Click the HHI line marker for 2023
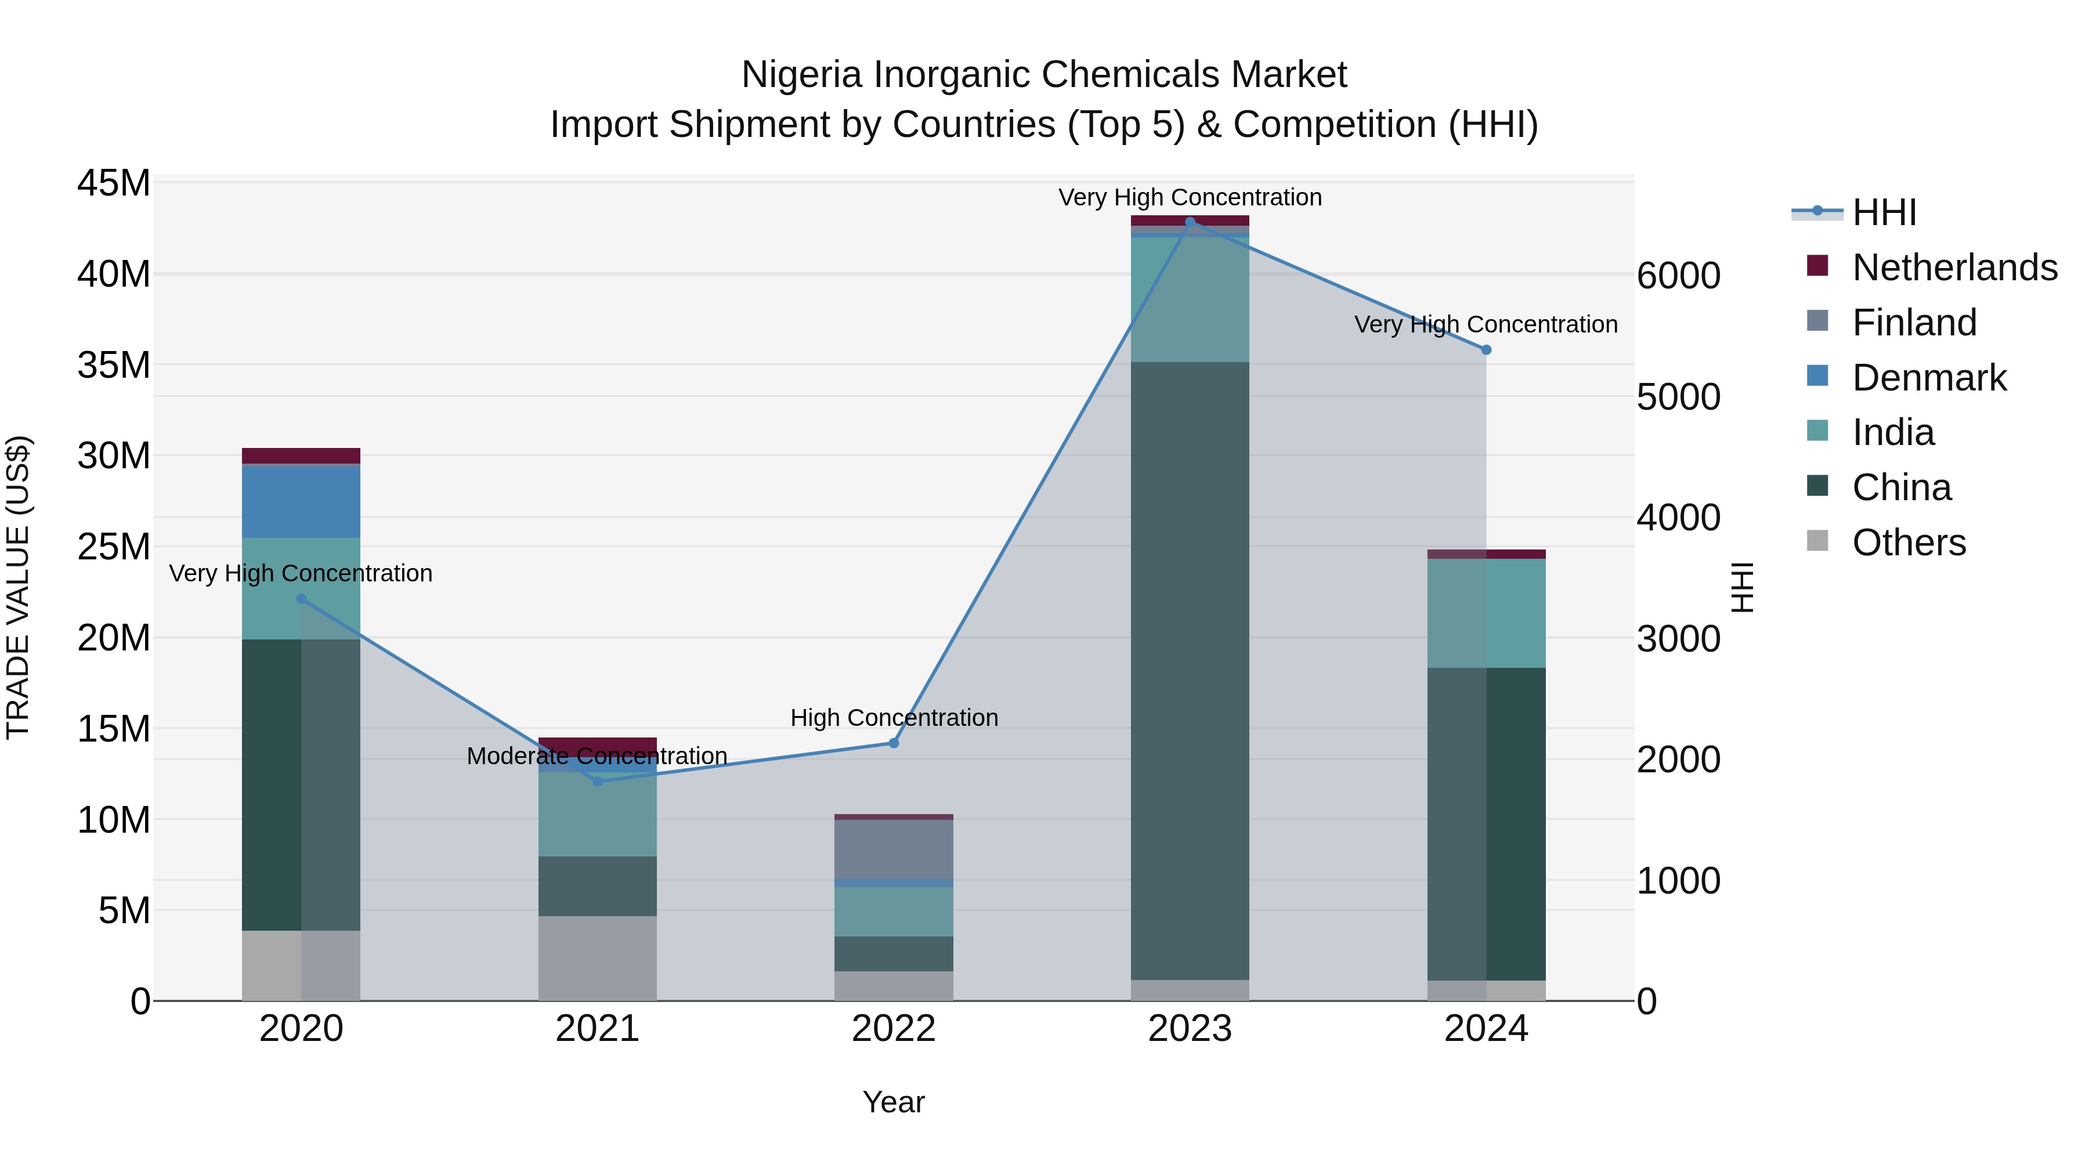click(1190, 222)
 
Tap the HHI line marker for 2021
click(598, 781)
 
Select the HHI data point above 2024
click(1486, 349)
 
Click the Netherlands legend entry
click(1954, 267)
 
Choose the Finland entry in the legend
click(1914, 323)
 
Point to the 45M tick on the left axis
click(114, 183)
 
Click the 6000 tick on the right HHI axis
click(1678, 276)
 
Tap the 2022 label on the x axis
click(894, 1029)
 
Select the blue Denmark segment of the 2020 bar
click(301, 502)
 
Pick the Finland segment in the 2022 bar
click(894, 849)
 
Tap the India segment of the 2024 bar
click(1486, 613)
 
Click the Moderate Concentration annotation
click(597, 755)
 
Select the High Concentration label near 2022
click(894, 718)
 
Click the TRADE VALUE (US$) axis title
click(18, 587)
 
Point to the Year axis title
click(894, 1102)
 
